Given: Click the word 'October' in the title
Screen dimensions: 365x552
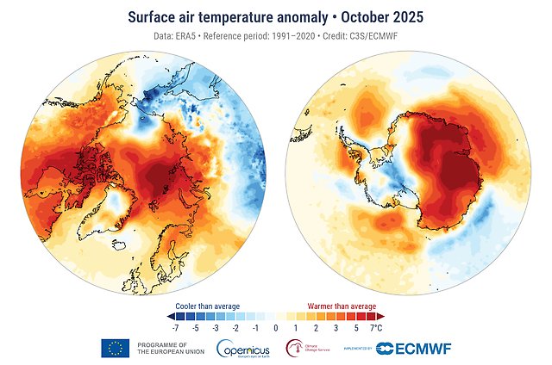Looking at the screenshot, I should [368, 16].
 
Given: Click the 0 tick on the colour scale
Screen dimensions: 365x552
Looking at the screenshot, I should [275, 328].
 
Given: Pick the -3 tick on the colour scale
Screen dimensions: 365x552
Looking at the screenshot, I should [216, 328].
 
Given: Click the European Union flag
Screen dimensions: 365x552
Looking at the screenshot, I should [114, 348].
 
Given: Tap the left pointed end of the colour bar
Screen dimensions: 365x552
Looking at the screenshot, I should [170, 317].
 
